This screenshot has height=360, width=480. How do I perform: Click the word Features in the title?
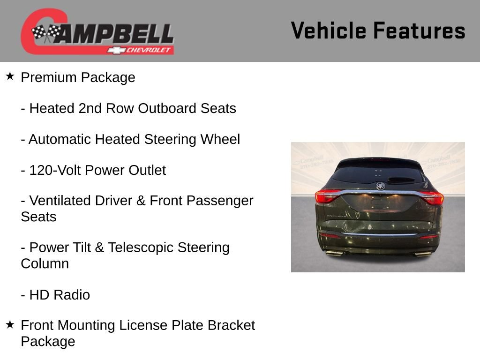tap(419, 31)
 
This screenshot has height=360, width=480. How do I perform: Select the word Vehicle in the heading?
tap(329, 31)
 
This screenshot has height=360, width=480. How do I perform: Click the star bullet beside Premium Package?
tap(10, 76)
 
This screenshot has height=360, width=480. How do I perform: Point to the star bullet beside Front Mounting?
tap(10, 324)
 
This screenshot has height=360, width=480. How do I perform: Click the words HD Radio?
tap(60, 295)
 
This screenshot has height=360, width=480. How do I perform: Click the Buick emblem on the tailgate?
tap(380, 186)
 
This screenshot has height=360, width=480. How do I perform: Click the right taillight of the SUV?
tap(432, 197)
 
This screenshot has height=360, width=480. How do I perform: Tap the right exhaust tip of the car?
tap(423, 254)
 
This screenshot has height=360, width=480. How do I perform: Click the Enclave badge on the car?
tap(336, 216)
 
